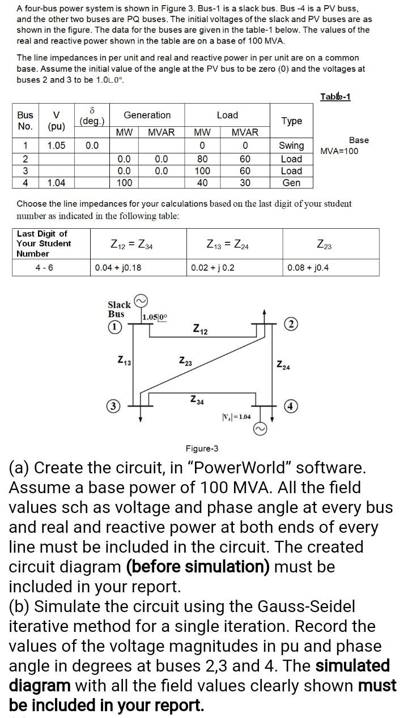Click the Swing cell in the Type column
[x=291, y=146]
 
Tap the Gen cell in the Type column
[x=291, y=183]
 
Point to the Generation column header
[x=147, y=115]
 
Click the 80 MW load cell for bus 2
[x=202, y=159]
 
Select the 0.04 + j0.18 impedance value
[x=118, y=267]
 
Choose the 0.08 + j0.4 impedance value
[x=308, y=267]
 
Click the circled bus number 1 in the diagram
[x=116, y=327]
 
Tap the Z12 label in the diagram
[x=200, y=328]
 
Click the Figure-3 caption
[x=202, y=448]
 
